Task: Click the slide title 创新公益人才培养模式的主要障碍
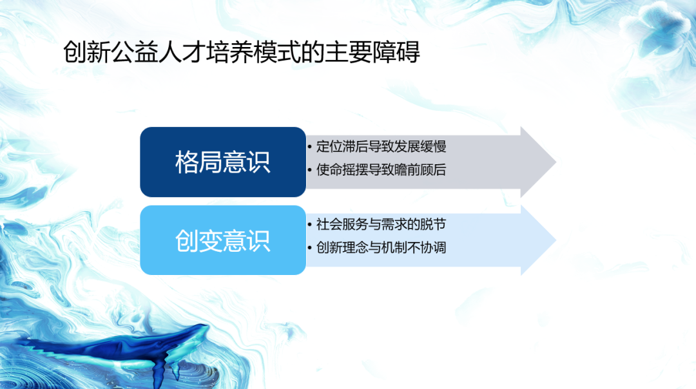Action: click(242, 52)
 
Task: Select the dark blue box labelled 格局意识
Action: click(222, 162)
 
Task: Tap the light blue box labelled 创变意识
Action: click(222, 240)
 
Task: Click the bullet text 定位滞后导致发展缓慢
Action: click(382, 147)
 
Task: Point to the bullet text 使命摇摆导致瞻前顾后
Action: click(382, 170)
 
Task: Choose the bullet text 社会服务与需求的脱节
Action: click(382, 225)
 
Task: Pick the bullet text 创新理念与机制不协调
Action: click(382, 247)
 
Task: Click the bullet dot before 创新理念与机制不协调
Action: click(311, 248)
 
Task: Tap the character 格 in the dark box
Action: click(187, 162)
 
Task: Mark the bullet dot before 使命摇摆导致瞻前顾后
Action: click(311, 171)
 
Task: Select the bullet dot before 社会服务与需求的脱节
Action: click(311, 225)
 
